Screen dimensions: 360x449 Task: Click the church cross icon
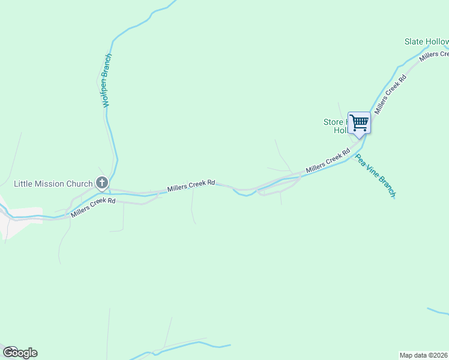pyautogui.click(x=102, y=183)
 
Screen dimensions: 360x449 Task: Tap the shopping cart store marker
pyautogui.click(x=359, y=123)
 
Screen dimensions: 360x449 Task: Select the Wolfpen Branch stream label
pyautogui.click(x=107, y=80)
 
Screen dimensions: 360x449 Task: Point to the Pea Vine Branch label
pyautogui.click(x=375, y=176)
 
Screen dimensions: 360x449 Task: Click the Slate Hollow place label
pyautogui.click(x=426, y=42)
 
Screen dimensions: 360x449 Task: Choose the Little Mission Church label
pyautogui.click(x=53, y=184)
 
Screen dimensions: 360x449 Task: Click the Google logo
pyautogui.click(x=20, y=353)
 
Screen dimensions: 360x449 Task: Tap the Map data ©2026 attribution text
pyautogui.click(x=424, y=355)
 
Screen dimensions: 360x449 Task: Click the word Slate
pyautogui.click(x=414, y=42)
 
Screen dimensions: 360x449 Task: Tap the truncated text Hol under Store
pyautogui.click(x=340, y=130)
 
